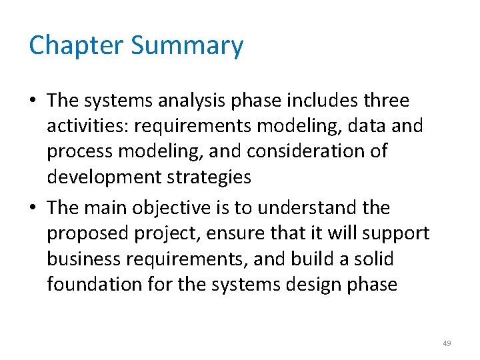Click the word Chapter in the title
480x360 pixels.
[76, 46]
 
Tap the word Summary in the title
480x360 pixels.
[187, 46]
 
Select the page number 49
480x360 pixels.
[446, 343]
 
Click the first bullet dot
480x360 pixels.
[34, 101]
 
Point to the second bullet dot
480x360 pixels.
[34, 209]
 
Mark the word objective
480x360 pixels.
[171, 208]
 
